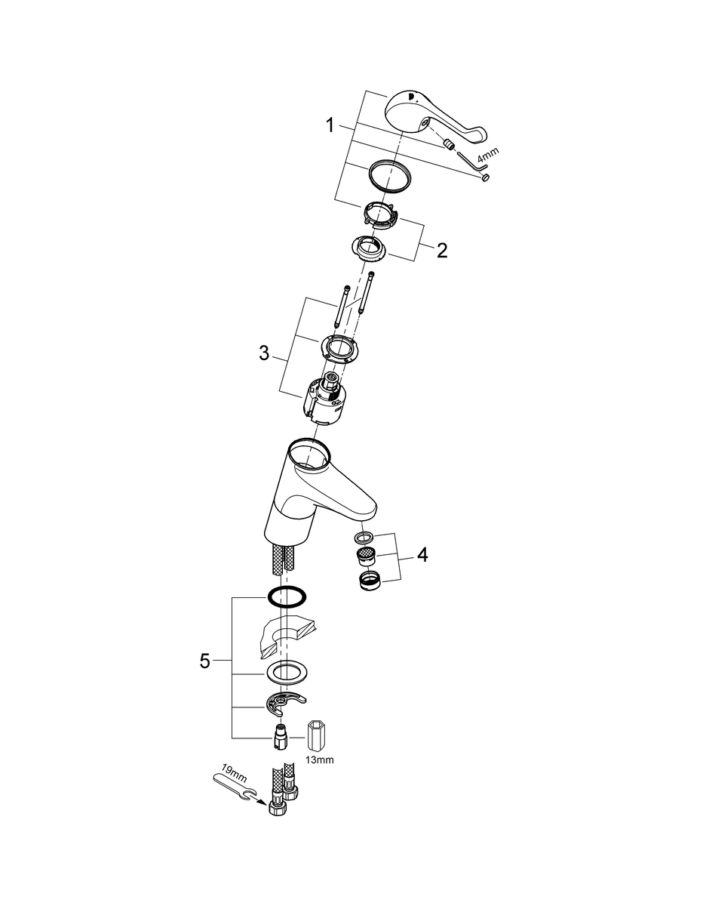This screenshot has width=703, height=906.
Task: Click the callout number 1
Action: coord(330,125)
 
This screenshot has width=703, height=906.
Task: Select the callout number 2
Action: coord(442,250)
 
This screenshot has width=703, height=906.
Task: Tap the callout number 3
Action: coord(264,353)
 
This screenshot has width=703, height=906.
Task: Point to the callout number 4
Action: coord(422,556)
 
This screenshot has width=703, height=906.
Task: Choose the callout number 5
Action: coord(205,661)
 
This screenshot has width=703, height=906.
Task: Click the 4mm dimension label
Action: coord(488,155)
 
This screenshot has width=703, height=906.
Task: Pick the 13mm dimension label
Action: coord(319,760)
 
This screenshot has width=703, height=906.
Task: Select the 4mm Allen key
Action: coord(473,162)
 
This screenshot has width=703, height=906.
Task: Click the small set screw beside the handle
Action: coord(448,145)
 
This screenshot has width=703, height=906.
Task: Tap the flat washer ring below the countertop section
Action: coord(287,673)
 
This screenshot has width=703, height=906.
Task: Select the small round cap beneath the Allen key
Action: coord(485,177)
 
